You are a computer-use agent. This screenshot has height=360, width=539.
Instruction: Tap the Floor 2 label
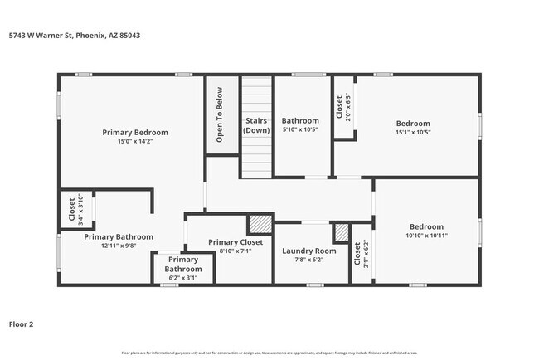click(22, 324)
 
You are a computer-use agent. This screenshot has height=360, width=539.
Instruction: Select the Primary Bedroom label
click(135, 132)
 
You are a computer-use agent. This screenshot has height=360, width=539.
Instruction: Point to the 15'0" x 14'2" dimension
click(135, 141)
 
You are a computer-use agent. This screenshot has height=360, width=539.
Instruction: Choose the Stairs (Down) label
click(256, 126)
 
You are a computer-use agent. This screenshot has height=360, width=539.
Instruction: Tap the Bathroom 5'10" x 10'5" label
click(300, 125)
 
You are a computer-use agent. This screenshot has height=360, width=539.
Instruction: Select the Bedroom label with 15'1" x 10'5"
click(413, 127)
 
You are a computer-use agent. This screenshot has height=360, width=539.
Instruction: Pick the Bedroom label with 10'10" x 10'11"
click(426, 231)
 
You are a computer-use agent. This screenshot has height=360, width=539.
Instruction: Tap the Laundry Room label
click(309, 251)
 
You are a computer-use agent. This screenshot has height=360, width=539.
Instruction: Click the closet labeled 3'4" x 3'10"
click(75, 210)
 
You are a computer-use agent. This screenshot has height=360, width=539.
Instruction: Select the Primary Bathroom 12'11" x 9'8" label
click(118, 241)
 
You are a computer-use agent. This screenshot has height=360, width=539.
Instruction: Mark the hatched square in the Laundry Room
click(341, 232)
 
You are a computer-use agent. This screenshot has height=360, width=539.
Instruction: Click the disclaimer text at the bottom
click(269, 353)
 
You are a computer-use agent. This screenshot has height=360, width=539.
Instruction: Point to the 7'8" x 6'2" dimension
click(309, 260)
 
